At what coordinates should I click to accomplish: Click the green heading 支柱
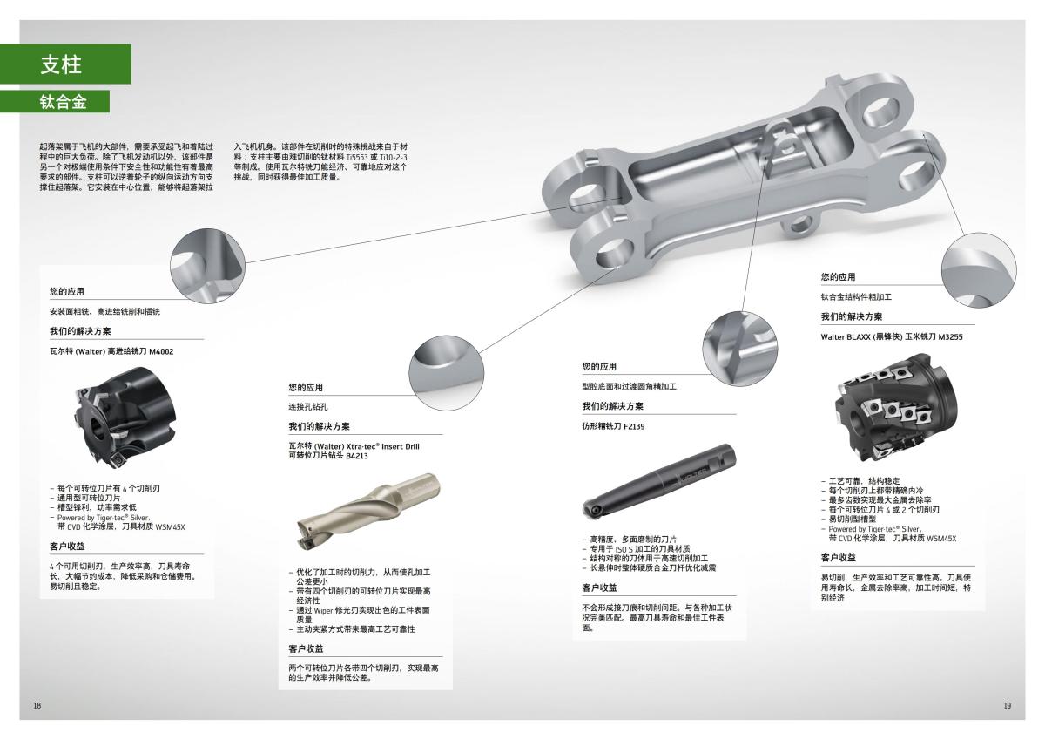[x=61, y=64]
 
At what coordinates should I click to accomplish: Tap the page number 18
[x=37, y=704]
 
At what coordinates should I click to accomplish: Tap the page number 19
[x=1007, y=704]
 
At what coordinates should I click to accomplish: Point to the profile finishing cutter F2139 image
[x=657, y=480]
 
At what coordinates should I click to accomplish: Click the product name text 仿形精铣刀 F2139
[x=613, y=426]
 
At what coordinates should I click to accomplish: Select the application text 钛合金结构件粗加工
[x=856, y=297]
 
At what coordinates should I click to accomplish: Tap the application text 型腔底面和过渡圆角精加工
[x=629, y=386]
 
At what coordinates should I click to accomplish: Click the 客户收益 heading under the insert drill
[x=306, y=648]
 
